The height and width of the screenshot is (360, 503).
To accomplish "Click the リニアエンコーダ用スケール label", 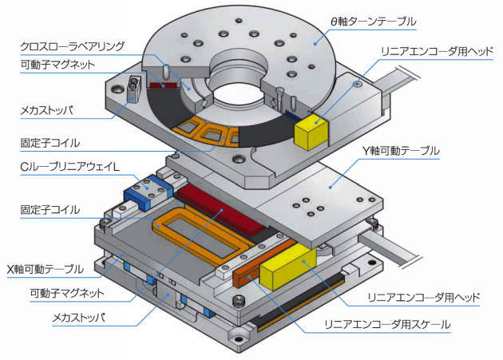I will click(386, 324).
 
